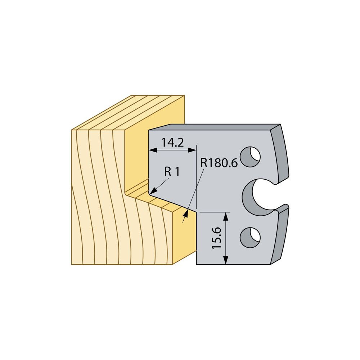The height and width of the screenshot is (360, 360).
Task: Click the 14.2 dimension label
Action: pos(172,143)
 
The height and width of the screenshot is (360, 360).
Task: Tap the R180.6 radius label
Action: pos(219,163)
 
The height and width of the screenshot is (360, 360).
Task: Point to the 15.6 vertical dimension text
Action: pos(216,238)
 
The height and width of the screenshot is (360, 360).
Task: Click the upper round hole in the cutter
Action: pos(250,157)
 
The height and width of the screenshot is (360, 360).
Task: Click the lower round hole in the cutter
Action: pos(250,237)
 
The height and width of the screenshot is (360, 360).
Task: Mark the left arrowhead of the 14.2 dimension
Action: pos(153,150)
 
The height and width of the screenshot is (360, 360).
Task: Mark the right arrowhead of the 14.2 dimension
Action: pos(192,150)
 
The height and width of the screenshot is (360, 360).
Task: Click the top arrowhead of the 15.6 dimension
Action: pos(226,216)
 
